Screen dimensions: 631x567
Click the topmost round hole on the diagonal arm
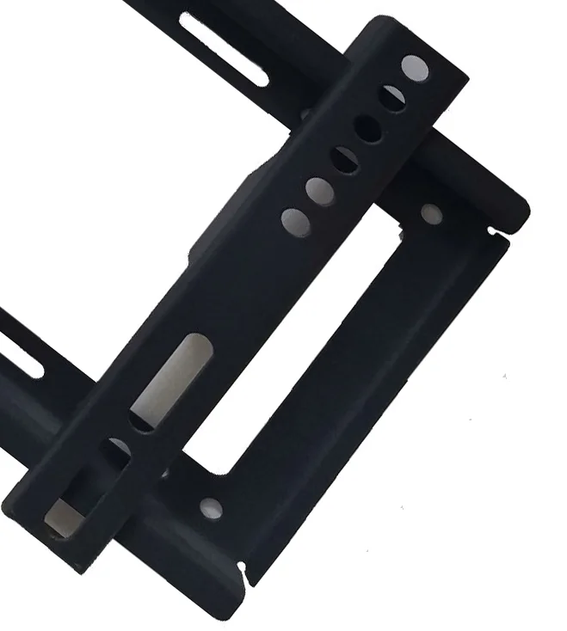click(415, 66)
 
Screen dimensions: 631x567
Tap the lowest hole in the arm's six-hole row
click(295, 221)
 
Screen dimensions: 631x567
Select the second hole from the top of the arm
click(392, 98)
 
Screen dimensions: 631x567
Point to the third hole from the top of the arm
click(368, 129)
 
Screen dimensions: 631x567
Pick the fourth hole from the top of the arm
click(345, 160)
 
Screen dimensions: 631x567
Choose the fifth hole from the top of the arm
click(319, 191)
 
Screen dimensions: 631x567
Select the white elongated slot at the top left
click(223, 51)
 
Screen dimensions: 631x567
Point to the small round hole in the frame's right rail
click(431, 214)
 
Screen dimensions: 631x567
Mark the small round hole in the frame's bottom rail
click(211, 508)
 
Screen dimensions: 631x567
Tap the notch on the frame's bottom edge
click(243, 569)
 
